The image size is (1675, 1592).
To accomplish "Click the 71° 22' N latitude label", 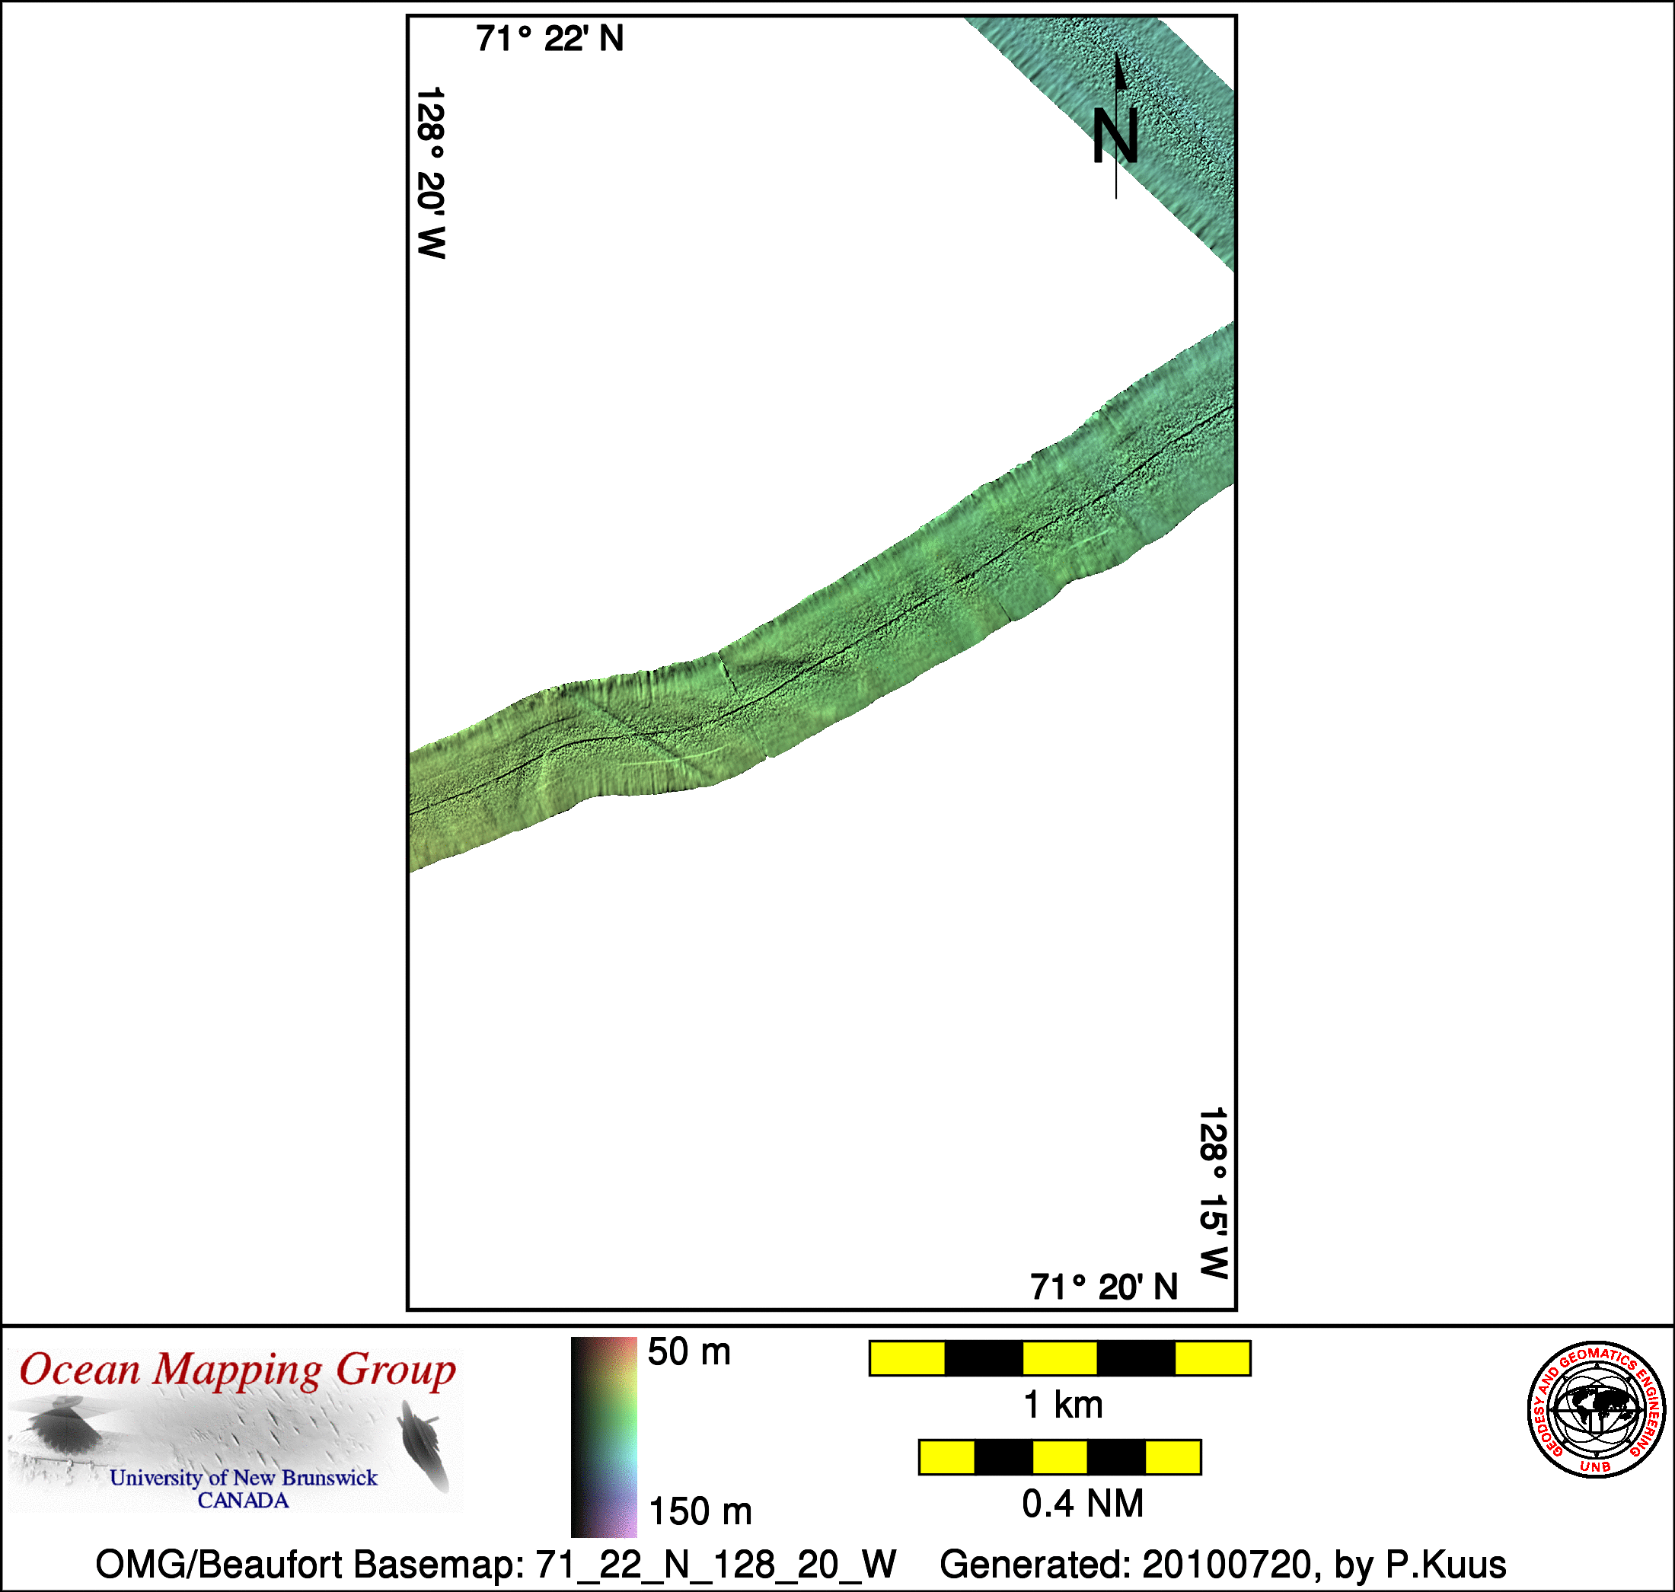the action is pos(550,39).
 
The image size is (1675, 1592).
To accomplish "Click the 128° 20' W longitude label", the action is pos(431,172).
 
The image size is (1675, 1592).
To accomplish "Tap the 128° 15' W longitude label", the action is pos(1214,1192).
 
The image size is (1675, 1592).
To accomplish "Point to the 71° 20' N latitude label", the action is pos(1104,1287).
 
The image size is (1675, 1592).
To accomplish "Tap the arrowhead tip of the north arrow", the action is pos(1117,53).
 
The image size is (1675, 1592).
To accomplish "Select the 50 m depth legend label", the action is pos(689,1352).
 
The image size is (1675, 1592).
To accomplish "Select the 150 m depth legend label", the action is pos(700,1511).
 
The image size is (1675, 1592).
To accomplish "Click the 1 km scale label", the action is pos(1063,1405).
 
